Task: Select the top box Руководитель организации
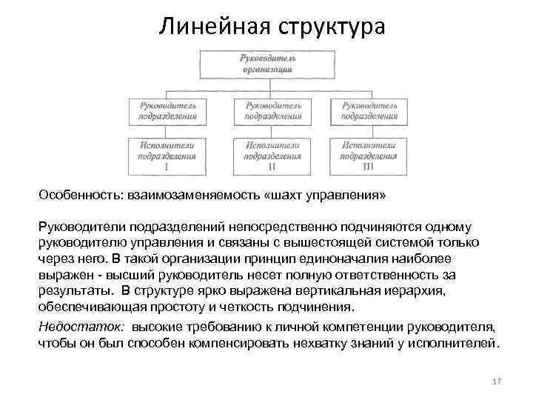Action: coord(267,64)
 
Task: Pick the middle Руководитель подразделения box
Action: coord(272,110)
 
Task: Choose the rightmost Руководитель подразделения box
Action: coord(369,110)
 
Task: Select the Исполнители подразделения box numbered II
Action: coord(272,156)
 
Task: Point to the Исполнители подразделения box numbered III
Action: coord(369,156)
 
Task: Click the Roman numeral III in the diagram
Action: coord(369,167)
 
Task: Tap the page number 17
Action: coord(496,381)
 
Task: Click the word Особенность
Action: coord(76,195)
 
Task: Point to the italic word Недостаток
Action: coord(81,327)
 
